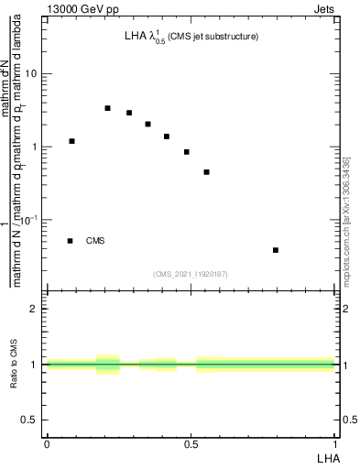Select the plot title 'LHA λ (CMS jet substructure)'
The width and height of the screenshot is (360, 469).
[191, 38]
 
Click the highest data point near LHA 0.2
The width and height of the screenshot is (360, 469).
[107, 108]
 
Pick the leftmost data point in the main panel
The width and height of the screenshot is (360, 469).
[72, 141]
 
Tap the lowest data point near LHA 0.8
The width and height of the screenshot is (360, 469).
[276, 250]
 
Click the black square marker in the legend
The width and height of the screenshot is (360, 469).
[71, 241]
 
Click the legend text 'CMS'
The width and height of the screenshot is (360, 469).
[95, 241]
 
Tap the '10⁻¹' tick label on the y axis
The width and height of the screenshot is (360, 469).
[31, 219]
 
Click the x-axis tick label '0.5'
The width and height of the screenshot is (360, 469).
[191, 443]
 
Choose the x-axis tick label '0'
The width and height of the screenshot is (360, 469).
[46, 443]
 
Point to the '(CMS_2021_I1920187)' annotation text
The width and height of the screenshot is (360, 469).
[191, 274]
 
